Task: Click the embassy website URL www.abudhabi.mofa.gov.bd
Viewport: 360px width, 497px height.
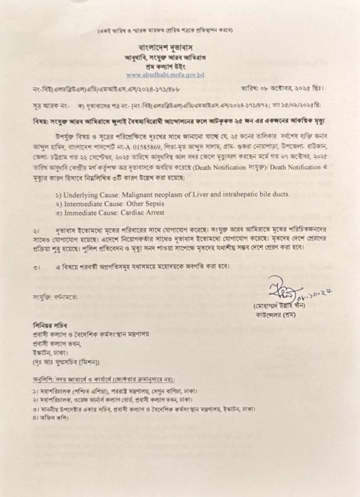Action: (166, 74)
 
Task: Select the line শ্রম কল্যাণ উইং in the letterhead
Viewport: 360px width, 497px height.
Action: (165, 66)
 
